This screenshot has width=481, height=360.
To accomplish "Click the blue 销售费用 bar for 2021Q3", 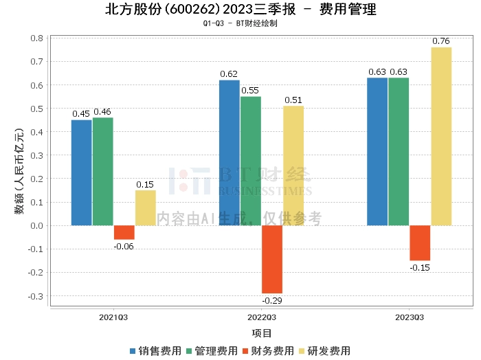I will pos(81,172).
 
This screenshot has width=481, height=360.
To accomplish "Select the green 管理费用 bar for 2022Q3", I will pos(251,161).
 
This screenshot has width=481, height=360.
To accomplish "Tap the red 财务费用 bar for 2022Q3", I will pos(272,259).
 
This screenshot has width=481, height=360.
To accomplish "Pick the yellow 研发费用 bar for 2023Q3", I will pos(441,136).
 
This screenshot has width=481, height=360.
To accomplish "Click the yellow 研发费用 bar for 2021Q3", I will pos(145,207).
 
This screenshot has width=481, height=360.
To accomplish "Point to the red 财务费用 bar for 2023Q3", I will pos(420,243).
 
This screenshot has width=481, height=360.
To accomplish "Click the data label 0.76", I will pos(441,41).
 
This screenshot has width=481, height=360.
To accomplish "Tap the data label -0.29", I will pos(272,300).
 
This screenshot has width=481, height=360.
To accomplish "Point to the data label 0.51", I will pos(293,100).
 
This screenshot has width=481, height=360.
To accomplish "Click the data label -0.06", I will pos(124,246).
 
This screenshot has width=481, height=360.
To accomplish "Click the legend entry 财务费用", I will pos(268,350).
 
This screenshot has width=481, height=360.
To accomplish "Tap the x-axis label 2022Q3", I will pos(261,317).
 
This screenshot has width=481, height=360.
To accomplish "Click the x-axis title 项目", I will pos(262,333).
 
